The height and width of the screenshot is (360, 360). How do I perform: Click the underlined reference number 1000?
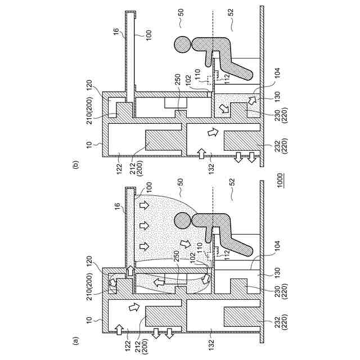click(x=280, y=181)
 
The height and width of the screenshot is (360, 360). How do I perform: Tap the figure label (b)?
click(x=75, y=165)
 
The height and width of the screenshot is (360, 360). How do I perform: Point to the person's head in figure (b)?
click(x=182, y=45)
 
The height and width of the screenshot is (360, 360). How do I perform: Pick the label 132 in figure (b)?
click(x=211, y=169)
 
